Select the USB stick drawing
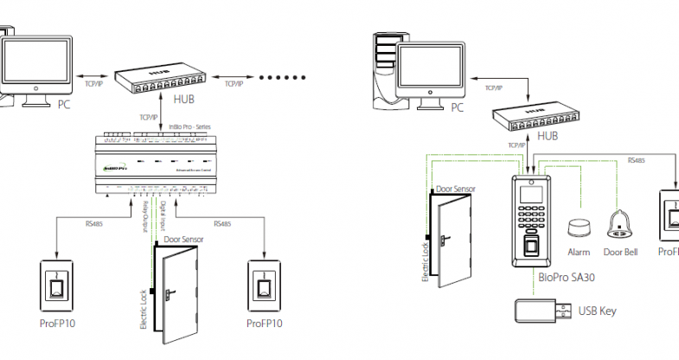[541, 309]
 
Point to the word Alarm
[578, 253]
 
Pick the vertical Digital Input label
[163, 217]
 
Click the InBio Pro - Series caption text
[189, 127]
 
